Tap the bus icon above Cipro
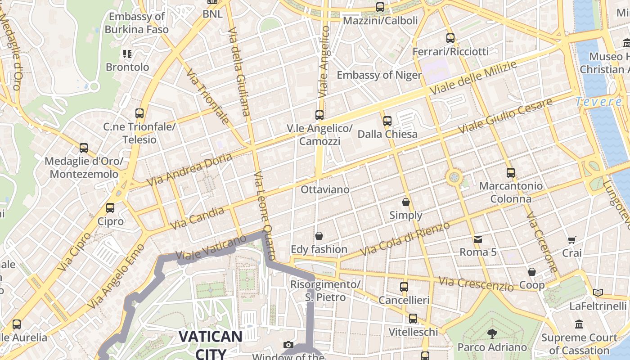point(110,208)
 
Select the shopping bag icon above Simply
point(406,202)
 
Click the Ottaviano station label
point(325,189)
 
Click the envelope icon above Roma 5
point(477,239)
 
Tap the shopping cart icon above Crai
point(571,240)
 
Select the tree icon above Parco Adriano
point(492,334)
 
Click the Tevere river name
point(599,102)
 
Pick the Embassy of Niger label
point(379,75)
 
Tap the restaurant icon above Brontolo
point(127,54)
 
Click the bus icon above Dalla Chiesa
point(387,121)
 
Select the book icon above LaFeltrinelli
point(598,293)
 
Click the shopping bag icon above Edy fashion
point(319,236)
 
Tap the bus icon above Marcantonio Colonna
point(510,173)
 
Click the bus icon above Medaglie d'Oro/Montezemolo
point(84,148)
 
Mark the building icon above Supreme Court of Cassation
point(579,324)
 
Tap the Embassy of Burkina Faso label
point(137,23)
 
